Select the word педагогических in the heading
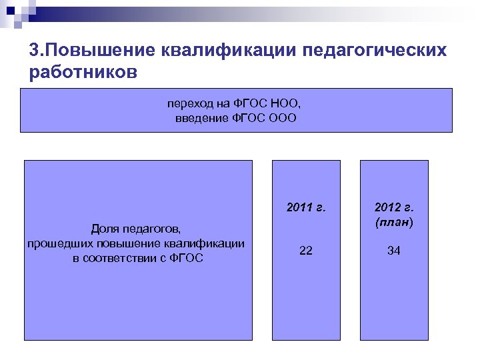[375, 51]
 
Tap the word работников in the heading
[83, 72]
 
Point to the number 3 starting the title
[34, 51]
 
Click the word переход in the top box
[189, 103]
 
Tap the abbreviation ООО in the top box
[283, 118]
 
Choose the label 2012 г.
[393, 207]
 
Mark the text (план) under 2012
[393, 222]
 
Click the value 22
[306, 251]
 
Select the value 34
[393, 251]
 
